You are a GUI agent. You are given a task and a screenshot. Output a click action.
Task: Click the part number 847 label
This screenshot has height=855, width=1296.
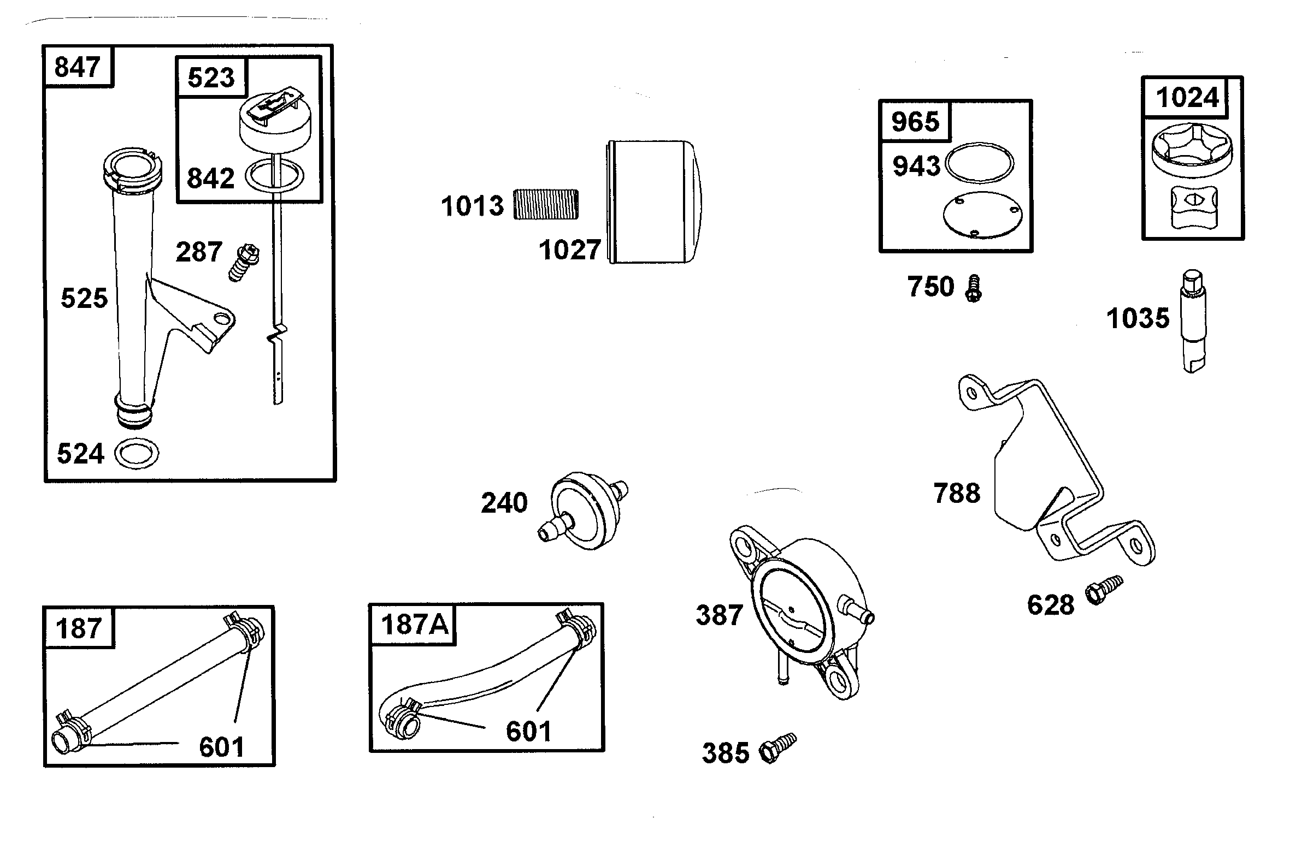[77, 67]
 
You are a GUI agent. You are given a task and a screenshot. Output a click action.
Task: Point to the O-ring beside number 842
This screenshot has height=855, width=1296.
[275, 176]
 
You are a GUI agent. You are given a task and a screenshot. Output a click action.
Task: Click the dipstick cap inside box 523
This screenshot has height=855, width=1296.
[274, 125]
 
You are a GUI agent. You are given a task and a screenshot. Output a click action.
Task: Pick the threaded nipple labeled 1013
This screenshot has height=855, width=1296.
[546, 204]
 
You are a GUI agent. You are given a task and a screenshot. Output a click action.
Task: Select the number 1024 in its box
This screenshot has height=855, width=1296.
[1187, 98]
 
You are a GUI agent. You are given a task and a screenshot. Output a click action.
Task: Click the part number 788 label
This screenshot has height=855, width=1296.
[957, 493]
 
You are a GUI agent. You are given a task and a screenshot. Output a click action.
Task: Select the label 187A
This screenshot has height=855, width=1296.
[414, 625]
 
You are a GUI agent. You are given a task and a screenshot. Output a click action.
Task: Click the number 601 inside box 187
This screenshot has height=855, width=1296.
[221, 747]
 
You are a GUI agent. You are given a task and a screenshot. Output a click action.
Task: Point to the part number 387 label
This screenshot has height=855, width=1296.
[719, 615]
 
